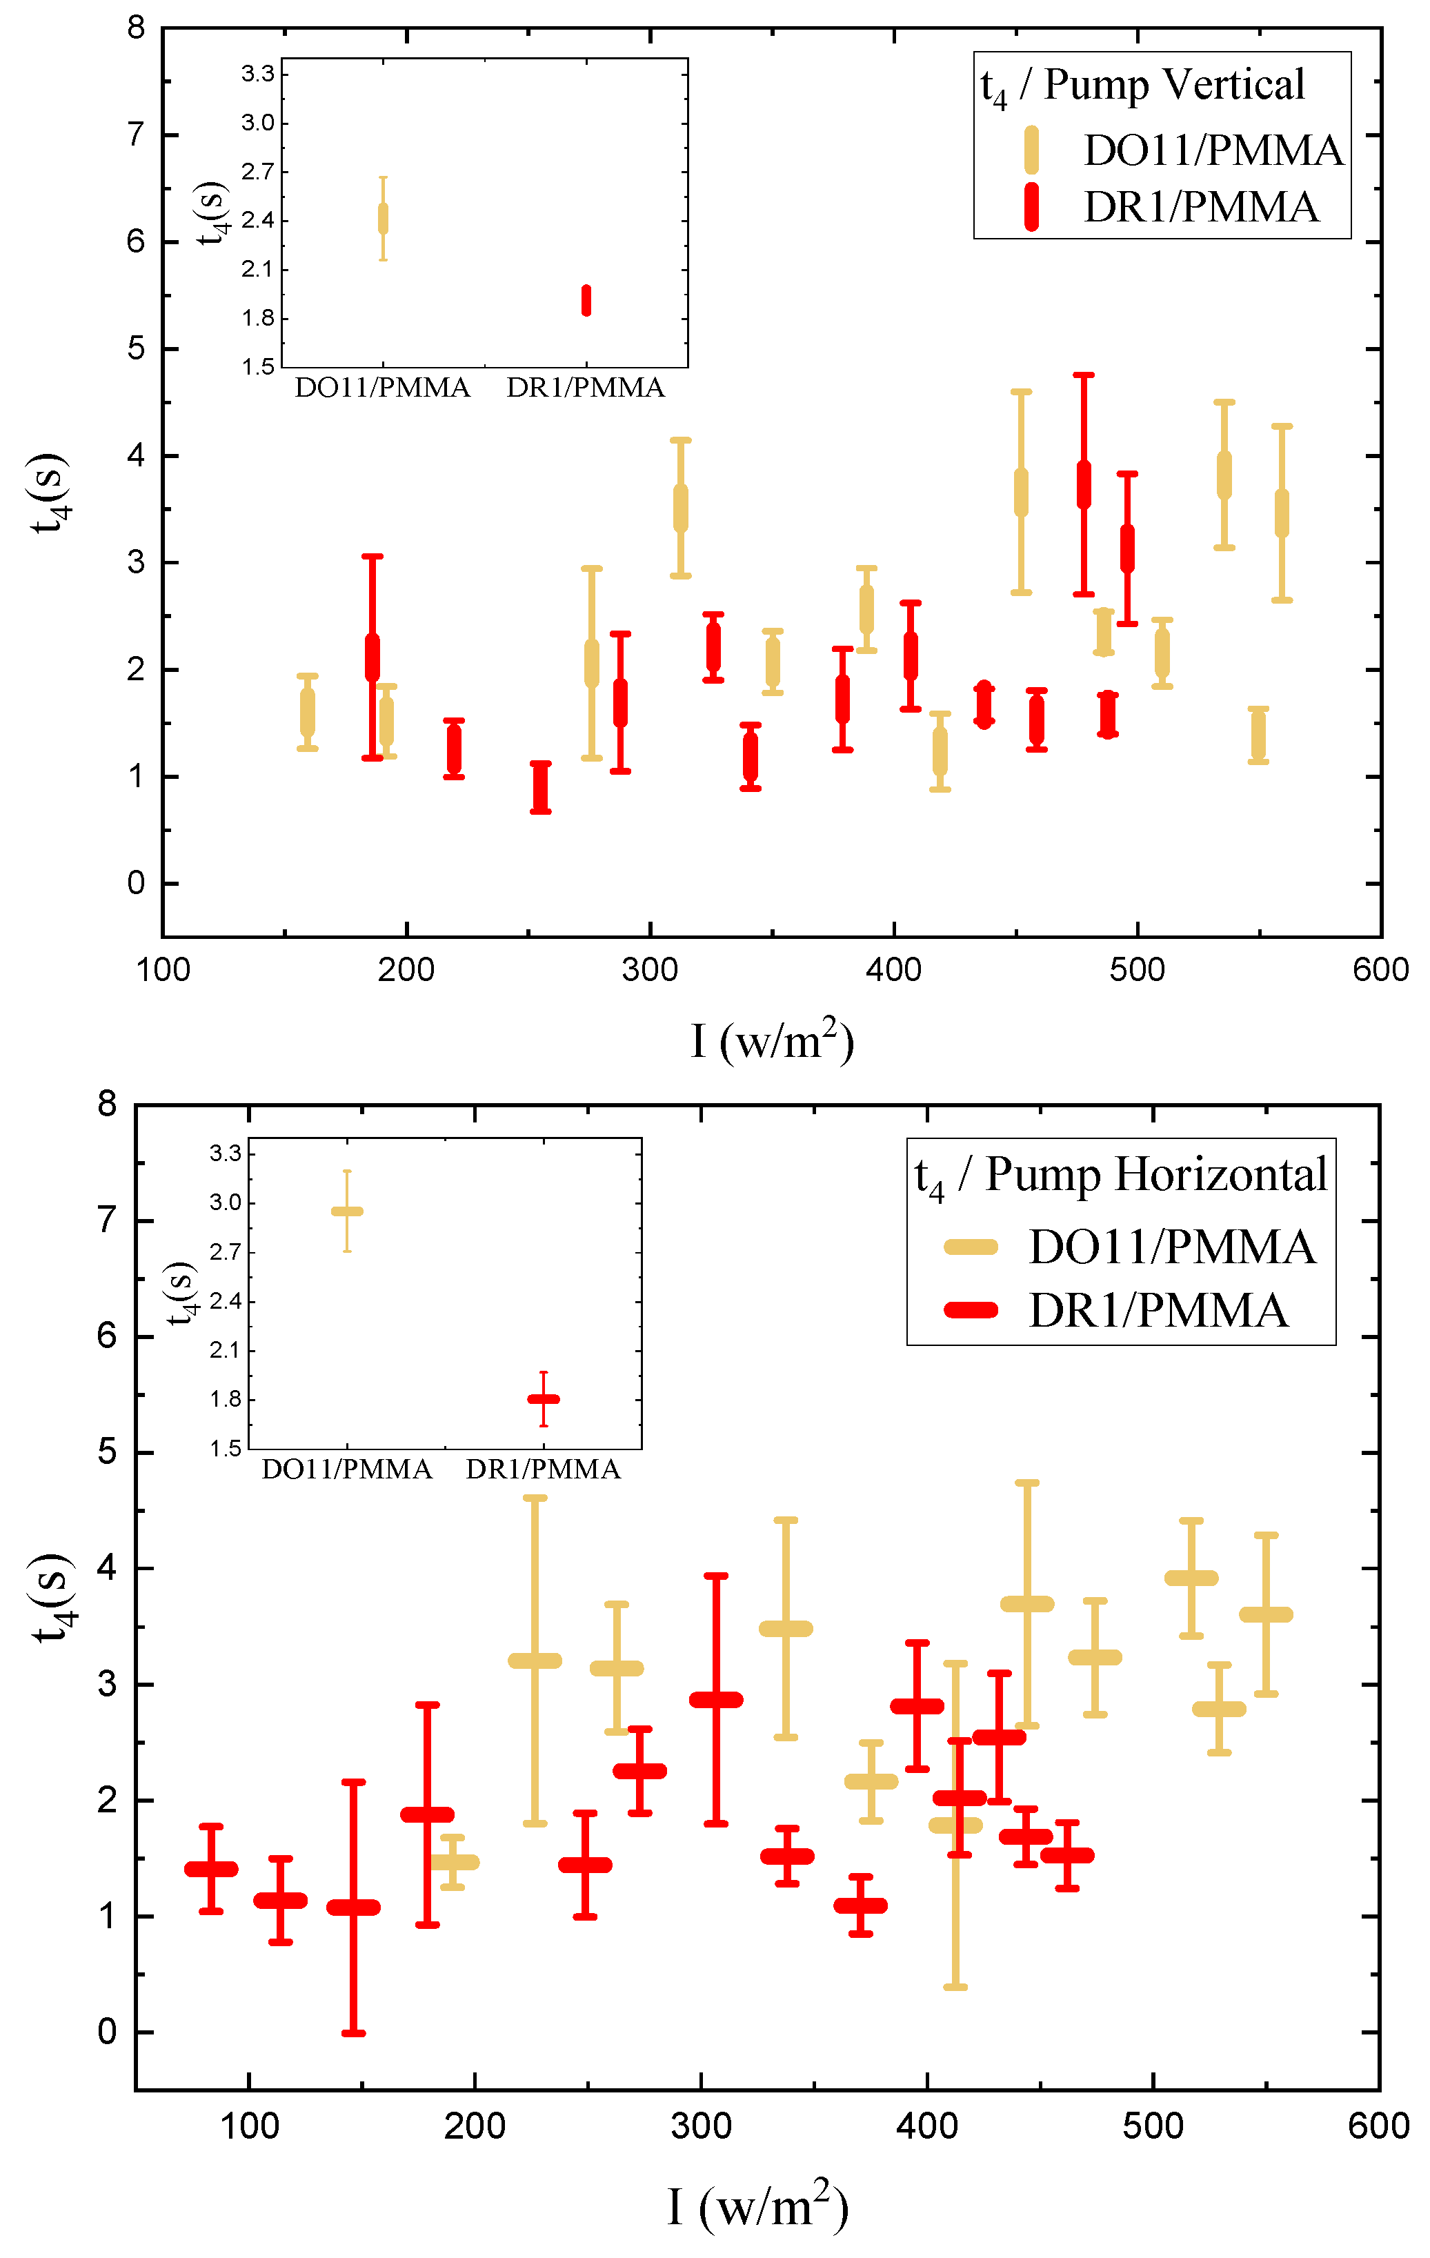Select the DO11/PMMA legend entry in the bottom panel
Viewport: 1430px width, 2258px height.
tap(1171, 1247)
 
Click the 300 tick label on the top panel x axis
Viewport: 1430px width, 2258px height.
tap(650, 969)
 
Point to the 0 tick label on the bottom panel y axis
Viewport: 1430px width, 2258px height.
tap(108, 2032)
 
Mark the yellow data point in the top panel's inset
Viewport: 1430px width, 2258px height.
tap(383, 219)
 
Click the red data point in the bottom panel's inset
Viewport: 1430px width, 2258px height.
tap(543, 1399)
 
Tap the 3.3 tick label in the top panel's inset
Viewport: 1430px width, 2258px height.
tap(258, 74)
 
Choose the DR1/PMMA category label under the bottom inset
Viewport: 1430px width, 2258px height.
tap(543, 1469)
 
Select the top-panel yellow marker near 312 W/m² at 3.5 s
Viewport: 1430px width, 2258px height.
tap(681, 508)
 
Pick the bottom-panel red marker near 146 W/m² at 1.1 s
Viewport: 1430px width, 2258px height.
tap(353, 1908)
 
